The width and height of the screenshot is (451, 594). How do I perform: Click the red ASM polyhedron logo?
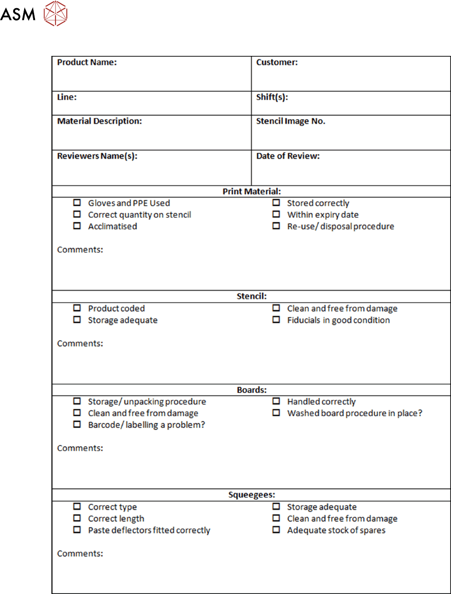55,13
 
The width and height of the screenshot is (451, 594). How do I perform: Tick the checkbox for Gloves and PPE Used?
77,203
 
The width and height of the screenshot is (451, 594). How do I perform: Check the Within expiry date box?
276,214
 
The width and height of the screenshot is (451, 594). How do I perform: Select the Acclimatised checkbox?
77,226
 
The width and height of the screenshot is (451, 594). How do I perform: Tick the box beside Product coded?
77,308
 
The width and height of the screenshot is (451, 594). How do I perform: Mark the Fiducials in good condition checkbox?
276,319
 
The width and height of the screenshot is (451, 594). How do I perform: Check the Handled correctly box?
276,401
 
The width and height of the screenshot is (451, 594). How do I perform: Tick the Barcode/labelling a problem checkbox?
77,424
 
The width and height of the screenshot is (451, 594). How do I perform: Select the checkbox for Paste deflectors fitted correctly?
77,530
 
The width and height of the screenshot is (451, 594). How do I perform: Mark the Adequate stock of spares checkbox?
276,530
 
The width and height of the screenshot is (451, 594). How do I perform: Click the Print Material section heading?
251,191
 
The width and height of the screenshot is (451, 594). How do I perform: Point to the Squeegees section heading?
251,495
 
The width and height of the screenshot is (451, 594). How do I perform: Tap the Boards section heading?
251,390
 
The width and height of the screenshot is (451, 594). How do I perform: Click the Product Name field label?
87,62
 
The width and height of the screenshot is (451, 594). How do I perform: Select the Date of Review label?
288,156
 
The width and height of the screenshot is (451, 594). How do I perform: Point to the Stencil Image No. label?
291,121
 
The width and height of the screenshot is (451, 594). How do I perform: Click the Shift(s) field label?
272,97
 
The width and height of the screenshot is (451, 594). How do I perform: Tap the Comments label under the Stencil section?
80,344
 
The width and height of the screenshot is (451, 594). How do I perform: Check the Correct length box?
77,518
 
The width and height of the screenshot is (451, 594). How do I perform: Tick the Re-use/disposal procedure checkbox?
276,226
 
